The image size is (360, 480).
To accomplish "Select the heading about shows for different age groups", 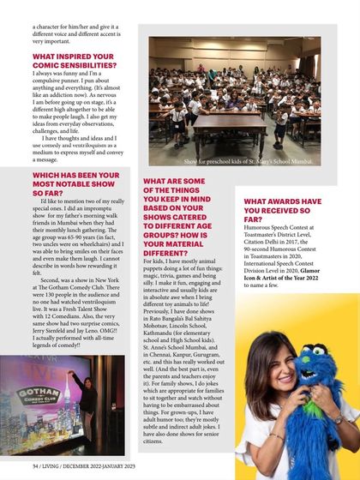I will [184, 218].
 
